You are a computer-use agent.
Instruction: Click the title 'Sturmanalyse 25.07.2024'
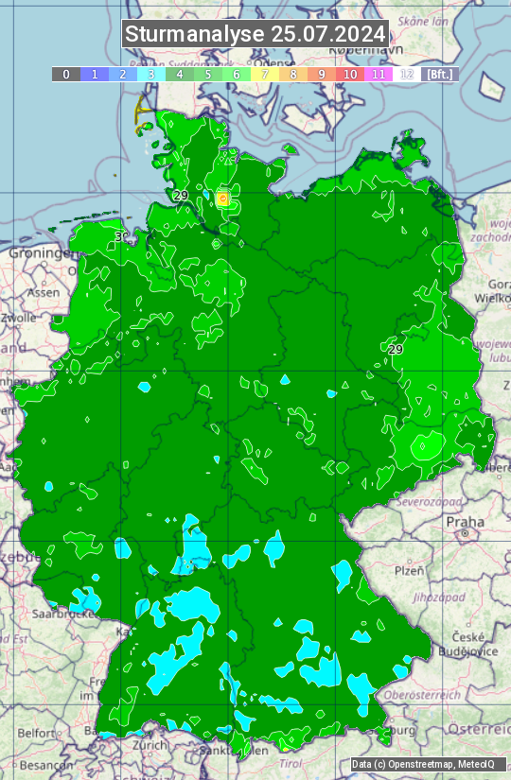(x=255, y=34)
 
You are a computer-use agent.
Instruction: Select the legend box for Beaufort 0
(x=66, y=74)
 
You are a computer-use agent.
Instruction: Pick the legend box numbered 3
(x=151, y=74)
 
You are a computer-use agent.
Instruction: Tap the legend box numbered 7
(x=265, y=74)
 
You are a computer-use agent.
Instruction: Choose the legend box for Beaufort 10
(x=350, y=74)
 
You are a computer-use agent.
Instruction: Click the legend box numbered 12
(x=407, y=74)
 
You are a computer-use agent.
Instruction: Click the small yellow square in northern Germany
(x=222, y=199)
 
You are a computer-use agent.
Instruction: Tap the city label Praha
(x=465, y=522)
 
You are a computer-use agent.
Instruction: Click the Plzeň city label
(x=409, y=571)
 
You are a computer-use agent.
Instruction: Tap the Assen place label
(x=43, y=293)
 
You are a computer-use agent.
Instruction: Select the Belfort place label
(x=36, y=732)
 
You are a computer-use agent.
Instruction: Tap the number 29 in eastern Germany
(x=396, y=349)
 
